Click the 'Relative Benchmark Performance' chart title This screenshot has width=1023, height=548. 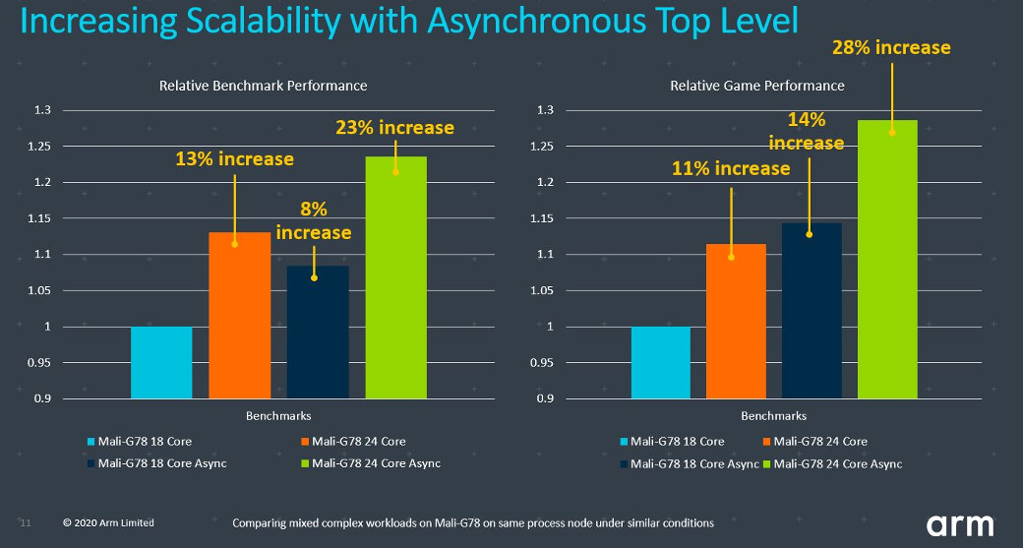coord(263,86)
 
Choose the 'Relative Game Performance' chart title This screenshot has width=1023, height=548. coord(757,86)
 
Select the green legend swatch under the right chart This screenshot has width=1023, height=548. coord(768,463)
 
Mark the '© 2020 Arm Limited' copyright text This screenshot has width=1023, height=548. coord(108,522)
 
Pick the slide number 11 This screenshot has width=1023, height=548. coord(26,522)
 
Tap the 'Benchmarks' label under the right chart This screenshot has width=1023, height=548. coord(774,416)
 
